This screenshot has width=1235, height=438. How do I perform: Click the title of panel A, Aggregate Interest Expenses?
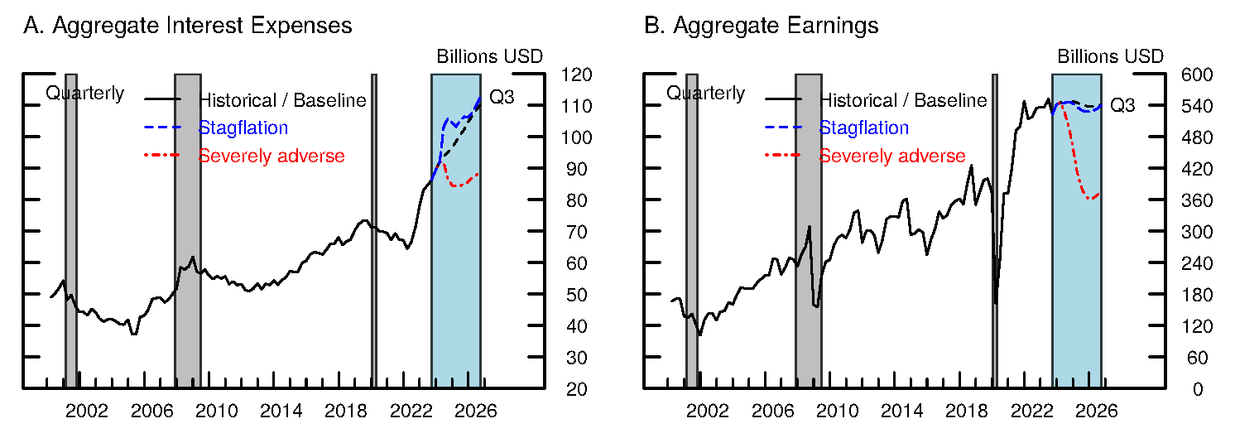(x=188, y=26)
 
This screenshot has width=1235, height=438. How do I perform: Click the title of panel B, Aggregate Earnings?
(x=762, y=26)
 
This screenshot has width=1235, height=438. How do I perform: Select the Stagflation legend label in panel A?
(x=243, y=128)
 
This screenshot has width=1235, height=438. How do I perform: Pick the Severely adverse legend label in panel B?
(x=892, y=156)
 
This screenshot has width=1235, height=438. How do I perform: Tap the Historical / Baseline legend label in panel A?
(x=282, y=100)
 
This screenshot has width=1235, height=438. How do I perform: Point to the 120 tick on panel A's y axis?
(x=576, y=75)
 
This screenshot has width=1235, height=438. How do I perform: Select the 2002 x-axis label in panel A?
(x=88, y=411)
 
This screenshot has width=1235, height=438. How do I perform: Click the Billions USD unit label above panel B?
(x=1111, y=56)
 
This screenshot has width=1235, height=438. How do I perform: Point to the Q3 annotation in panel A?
(x=502, y=98)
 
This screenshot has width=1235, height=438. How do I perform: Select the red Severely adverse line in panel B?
(x=1077, y=166)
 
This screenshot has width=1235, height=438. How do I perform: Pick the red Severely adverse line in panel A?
(x=460, y=183)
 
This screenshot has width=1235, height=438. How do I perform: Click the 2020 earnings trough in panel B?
(x=995, y=303)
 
